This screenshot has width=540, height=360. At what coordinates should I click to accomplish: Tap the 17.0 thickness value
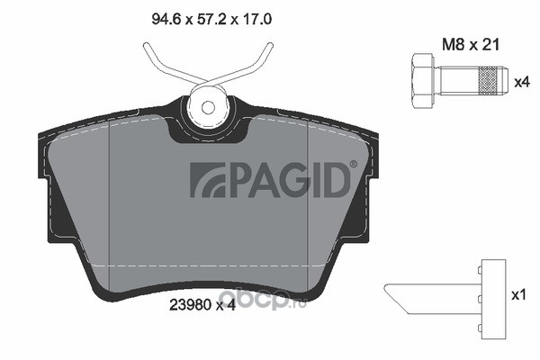coord(257,19)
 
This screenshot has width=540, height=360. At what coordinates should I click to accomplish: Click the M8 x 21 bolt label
coord(470,44)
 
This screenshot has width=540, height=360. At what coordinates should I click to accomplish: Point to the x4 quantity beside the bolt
coord(521,82)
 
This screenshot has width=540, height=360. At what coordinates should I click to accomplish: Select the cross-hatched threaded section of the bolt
coord(488,81)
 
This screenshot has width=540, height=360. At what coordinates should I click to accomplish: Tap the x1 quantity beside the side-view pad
coord(519,295)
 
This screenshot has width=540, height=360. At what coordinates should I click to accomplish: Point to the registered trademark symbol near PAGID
coord(354,165)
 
